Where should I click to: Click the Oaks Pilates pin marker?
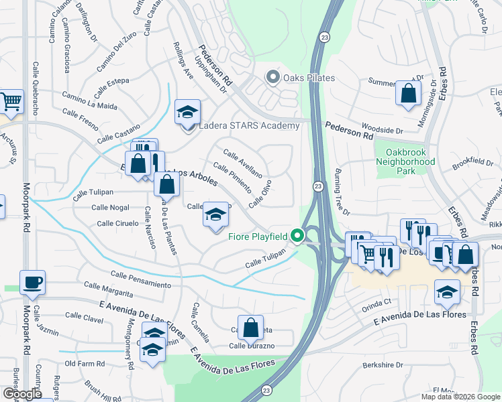(x=272, y=78)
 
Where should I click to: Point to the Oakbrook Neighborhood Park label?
(x=405, y=162)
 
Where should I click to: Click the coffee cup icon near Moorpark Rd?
(x=32, y=283)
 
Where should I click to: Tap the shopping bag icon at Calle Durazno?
(x=250, y=328)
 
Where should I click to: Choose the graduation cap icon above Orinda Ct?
(x=447, y=291)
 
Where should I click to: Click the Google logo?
(x=21, y=393)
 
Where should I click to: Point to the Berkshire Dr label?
(x=382, y=365)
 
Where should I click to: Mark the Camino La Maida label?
(x=90, y=101)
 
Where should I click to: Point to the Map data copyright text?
(x=460, y=397)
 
